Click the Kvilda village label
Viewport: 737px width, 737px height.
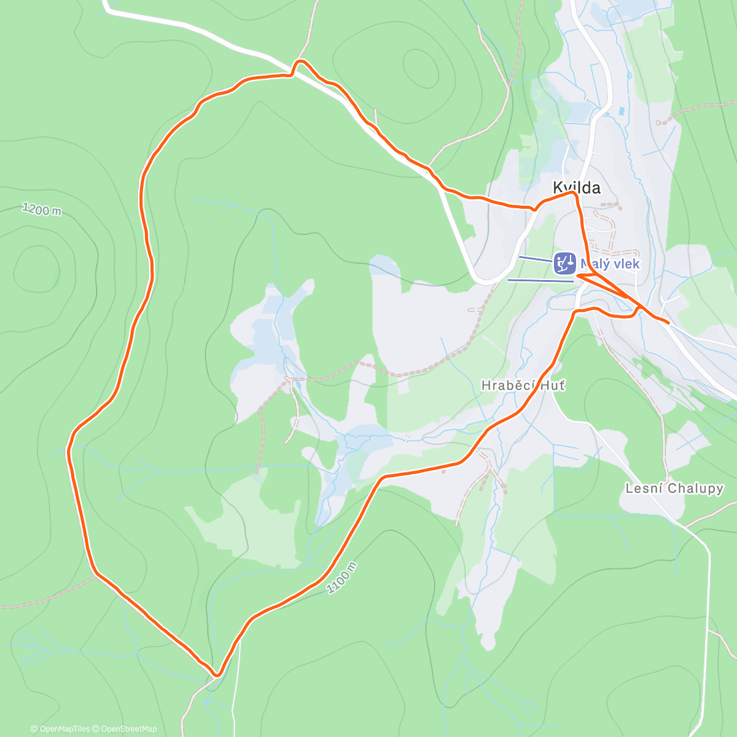(x=576, y=187)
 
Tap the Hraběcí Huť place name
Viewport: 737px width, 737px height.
(x=523, y=386)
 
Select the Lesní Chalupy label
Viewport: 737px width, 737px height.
(x=674, y=489)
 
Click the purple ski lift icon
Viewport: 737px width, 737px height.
(x=564, y=263)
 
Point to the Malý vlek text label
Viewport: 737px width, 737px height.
(x=610, y=264)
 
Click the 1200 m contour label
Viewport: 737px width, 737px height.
(x=42, y=209)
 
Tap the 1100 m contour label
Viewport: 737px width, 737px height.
(x=341, y=578)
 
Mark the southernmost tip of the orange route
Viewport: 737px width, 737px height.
(x=216, y=675)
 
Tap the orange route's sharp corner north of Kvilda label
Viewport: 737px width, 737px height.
(x=574, y=193)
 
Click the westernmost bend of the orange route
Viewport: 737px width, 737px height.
(x=69, y=450)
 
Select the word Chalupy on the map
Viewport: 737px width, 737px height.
(x=695, y=489)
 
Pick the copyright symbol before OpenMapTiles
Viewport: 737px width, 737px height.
(x=34, y=729)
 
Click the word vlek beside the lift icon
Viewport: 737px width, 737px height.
(x=627, y=264)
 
